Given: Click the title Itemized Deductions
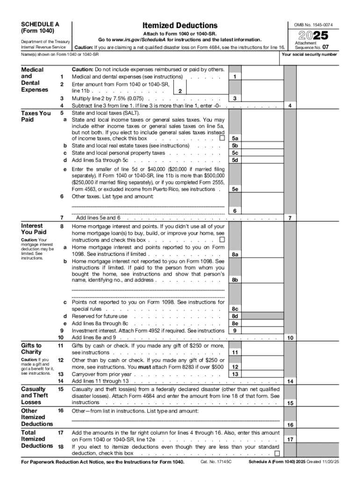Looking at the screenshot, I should pyautogui.click(x=180, y=25).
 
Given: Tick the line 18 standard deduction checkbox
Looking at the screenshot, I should pyautogui.click(x=277, y=453).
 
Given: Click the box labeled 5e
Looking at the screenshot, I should pyautogui.click(x=235, y=189).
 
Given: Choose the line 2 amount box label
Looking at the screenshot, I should pyautogui.click(x=180, y=91).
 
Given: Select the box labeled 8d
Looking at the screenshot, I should pyautogui.click(x=235, y=316).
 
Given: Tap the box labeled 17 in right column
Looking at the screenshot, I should pyautogui.click(x=290, y=440).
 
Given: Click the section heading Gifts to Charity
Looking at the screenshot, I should pyautogui.click(x=31, y=348).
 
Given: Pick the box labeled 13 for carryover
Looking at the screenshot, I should pyautogui.click(x=235, y=374).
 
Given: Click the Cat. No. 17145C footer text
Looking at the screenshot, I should pyautogui.click(x=216, y=462).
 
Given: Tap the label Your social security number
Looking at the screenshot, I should pyautogui.click(x=309, y=54).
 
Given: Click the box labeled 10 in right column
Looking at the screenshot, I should pyautogui.click(x=290, y=338).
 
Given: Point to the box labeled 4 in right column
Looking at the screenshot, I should pyautogui.click(x=290, y=106).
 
